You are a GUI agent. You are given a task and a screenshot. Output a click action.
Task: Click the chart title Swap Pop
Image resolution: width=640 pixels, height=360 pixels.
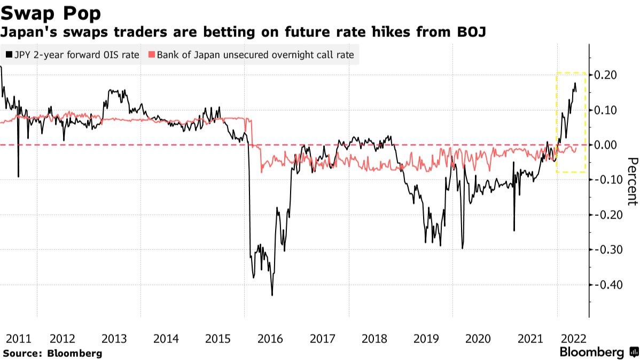click(x=51, y=12)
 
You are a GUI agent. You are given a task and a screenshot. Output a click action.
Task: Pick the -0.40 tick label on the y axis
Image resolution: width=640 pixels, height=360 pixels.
click(x=606, y=284)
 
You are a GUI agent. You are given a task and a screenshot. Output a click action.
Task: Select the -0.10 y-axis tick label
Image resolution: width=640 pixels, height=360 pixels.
click(x=606, y=179)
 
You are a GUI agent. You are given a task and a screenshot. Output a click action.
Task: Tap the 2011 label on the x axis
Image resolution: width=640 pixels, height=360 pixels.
click(x=19, y=338)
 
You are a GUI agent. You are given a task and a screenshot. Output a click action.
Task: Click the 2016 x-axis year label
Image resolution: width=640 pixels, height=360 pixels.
click(x=270, y=338)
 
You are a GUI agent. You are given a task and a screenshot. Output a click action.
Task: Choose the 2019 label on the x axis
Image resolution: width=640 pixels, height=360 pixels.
click(x=426, y=338)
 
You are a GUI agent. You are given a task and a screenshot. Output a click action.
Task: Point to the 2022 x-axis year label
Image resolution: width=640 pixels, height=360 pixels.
click(x=572, y=338)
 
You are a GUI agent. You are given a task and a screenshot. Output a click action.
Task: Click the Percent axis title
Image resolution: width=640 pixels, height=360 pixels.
click(x=633, y=181)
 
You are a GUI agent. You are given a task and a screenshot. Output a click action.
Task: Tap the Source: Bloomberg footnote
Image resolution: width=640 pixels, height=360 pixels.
click(x=52, y=353)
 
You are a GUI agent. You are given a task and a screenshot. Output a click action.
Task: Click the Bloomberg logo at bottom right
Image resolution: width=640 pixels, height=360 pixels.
click(x=598, y=353)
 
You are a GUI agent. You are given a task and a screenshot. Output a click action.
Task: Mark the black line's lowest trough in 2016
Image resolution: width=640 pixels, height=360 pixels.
click(x=272, y=295)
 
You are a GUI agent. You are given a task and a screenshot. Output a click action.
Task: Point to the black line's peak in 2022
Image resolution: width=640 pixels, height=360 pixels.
click(x=575, y=83)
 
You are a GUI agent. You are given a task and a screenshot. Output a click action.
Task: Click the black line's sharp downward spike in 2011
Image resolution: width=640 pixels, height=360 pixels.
click(x=18, y=176)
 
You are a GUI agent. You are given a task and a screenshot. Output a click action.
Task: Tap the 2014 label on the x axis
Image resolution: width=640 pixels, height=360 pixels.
click(x=166, y=338)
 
